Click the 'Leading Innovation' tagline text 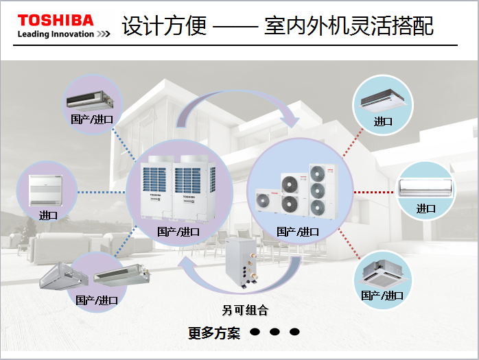click(56, 34)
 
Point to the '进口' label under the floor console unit click(49, 215)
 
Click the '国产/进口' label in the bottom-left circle click(97, 300)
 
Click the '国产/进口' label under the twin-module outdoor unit click(178, 232)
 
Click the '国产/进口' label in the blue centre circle click(298, 232)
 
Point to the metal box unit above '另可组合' click(245, 263)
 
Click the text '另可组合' click(245, 311)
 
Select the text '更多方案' click(214, 333)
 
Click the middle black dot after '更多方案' click(274, 332)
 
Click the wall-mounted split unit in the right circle click(426, 187)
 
